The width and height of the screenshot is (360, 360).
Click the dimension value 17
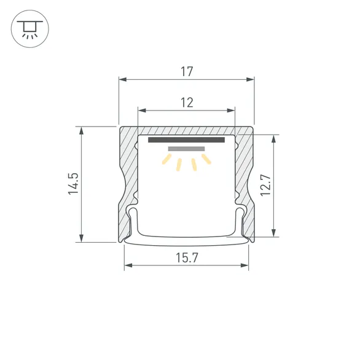(187, 71)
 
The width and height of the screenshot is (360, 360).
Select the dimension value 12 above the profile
(187, 103)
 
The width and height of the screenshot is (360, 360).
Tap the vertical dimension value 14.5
(73, 184)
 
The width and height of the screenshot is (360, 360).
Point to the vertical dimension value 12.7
(265, 185)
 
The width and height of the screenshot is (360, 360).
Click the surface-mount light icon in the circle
(28, 28)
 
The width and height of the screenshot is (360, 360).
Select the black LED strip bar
(187, 140)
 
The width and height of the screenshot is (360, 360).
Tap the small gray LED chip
(186, 149)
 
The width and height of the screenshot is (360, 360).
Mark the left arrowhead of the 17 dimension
(122, 79)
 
